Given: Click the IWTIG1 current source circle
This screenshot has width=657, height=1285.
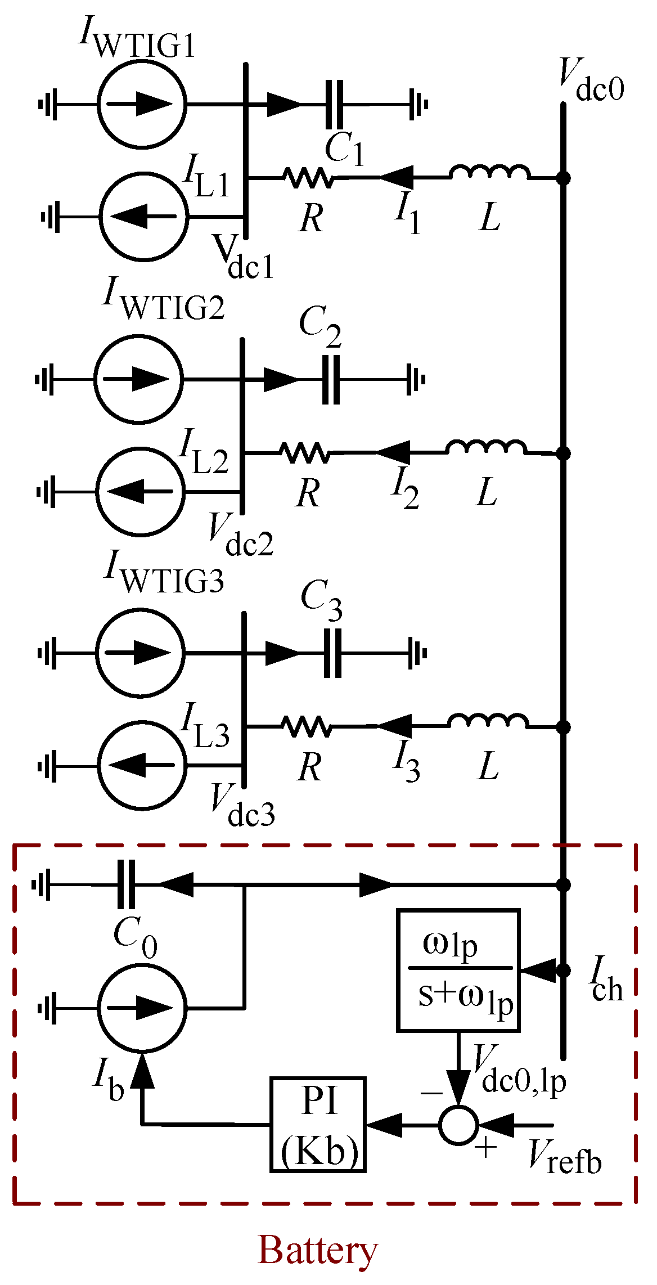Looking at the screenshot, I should click(142, 104).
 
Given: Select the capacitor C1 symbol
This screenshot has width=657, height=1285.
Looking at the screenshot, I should click(334, 105).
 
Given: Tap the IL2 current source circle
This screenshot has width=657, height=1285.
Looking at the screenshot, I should click(140, 491).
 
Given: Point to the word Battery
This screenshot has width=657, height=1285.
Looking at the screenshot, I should click(318, 1251).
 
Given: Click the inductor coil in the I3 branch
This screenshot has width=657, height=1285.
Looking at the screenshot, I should click(488, 721).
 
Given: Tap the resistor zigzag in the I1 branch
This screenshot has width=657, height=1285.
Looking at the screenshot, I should click(308, 178).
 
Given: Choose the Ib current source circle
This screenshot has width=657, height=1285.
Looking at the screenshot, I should click(142, 1008).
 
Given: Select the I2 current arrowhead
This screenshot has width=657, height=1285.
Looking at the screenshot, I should click(394, 452).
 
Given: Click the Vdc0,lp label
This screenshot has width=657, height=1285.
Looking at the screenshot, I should click(519, 1072).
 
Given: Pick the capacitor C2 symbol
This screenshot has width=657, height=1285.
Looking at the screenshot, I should click(331, 380).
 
